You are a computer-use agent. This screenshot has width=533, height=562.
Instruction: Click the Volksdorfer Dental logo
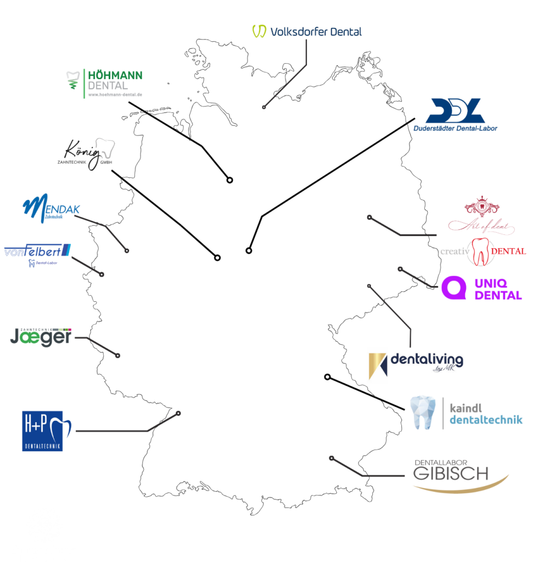[307, 31]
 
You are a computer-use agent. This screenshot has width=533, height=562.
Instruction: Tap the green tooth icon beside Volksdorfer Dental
[259, 31]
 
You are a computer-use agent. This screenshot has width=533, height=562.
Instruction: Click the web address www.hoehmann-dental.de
[115, 94]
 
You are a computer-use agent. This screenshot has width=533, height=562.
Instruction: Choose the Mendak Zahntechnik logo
[51, 209]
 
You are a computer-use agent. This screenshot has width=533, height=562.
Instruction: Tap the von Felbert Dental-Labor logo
[37, 253]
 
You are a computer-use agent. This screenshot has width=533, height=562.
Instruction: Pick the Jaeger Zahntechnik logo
[41, 335]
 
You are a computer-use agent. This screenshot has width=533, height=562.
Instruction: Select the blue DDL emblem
[455, 111]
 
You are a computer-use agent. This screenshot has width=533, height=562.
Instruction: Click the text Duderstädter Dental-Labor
[456, 128]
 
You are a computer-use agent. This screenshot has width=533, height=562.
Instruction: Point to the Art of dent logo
[481, 216]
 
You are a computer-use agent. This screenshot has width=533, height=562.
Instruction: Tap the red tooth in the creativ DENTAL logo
[481, 252]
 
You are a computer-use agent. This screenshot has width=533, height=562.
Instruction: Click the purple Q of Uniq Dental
[454, 288]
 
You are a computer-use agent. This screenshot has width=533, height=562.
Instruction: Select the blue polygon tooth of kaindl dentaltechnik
[424, 413]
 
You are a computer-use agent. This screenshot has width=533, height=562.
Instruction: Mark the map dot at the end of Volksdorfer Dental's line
[264, 107]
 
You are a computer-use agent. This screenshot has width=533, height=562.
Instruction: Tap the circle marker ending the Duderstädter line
[249, 251]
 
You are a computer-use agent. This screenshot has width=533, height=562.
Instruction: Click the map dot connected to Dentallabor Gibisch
[332, 458]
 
